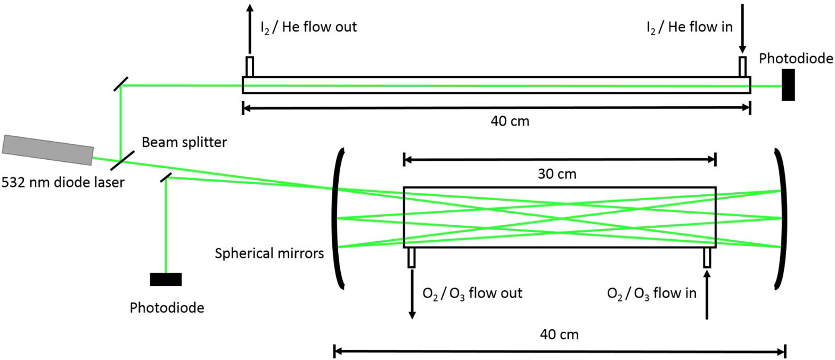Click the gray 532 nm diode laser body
(48, 150)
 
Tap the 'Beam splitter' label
(184, 142)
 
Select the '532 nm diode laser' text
(63, 183)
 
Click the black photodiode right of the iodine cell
(788, 85)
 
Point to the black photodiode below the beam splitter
(166, 279)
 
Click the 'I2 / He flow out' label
(308, 27)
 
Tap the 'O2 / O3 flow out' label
(472, 293)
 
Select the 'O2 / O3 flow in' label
(652, 293)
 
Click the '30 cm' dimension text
(557, 174)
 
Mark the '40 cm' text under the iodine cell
(510, 121)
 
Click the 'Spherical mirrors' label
(269, 253)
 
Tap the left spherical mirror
(338, 218)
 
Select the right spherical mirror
(781, 218)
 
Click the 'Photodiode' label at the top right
(796, 59)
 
